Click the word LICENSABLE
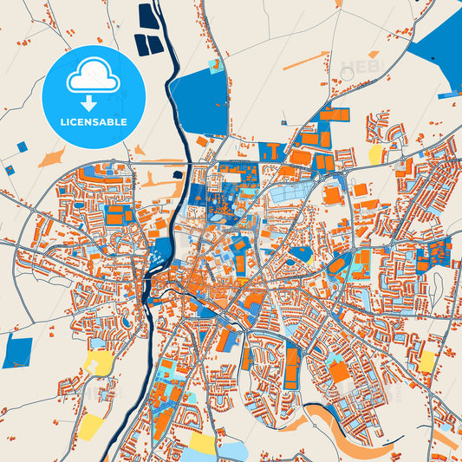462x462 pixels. coord(94,122)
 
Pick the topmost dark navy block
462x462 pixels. coord(145,16)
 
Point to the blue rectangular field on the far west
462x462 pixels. coord(17,351)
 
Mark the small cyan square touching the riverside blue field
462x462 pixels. coord(217,66)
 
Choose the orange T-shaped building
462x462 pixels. coord(271,152)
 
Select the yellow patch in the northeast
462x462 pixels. coord(375,154)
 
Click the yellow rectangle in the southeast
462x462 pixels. coord(426,361)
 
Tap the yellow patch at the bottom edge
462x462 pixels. coord(203,444)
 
